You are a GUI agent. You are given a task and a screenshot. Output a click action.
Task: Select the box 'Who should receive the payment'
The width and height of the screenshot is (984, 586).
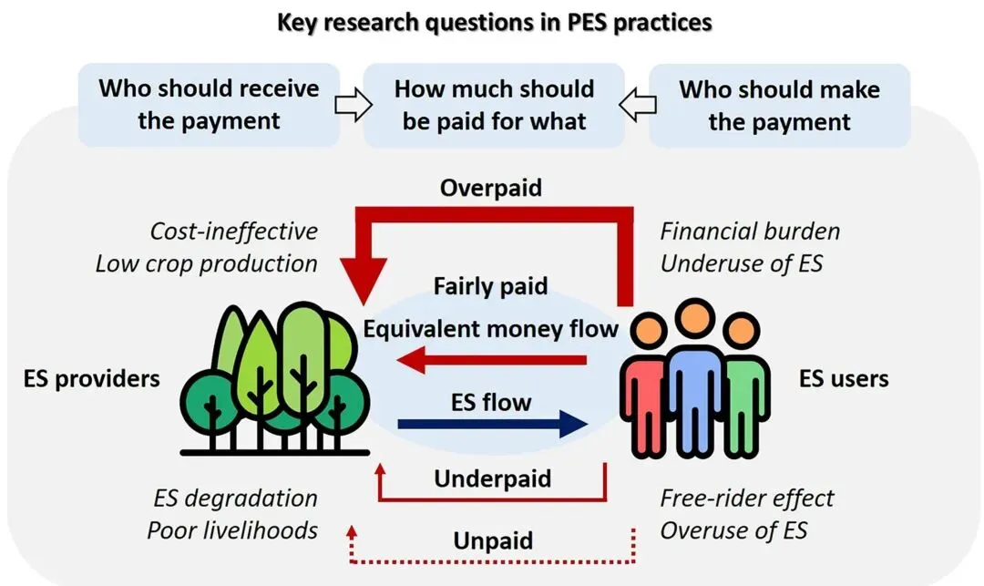(209, 105)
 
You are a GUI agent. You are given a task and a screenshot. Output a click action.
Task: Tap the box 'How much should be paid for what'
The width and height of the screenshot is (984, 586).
(494, 105)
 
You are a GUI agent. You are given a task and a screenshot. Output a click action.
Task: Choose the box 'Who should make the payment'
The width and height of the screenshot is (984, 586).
(779, 105)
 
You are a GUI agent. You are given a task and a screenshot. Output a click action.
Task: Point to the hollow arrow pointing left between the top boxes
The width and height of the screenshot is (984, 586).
(636, 108)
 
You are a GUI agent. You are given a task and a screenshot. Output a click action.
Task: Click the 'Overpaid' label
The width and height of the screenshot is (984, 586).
(490, 188)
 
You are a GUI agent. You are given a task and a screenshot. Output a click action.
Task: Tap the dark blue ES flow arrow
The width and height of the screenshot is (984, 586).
(492, 423)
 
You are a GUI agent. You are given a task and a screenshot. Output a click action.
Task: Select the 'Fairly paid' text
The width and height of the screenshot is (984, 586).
(492, 286)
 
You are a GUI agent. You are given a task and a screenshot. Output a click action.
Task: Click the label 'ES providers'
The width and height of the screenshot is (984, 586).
(91, 378)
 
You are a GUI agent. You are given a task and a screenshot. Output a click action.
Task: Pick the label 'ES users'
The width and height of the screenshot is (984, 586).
(844, 378)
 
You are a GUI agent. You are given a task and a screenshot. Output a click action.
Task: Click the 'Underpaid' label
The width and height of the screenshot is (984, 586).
(492, 478)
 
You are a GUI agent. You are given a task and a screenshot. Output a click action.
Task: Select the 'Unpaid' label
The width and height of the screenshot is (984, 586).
(493, 540)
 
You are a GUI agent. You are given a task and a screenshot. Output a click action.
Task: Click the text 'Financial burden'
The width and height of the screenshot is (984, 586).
(750, 231)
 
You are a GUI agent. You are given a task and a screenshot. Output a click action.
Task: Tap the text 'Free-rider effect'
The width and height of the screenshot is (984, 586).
(747, 499)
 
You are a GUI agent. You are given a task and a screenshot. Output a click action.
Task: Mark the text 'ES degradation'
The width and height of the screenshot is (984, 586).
(235, 499)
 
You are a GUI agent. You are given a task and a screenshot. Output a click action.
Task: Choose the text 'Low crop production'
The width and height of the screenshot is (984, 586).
(207, 264)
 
